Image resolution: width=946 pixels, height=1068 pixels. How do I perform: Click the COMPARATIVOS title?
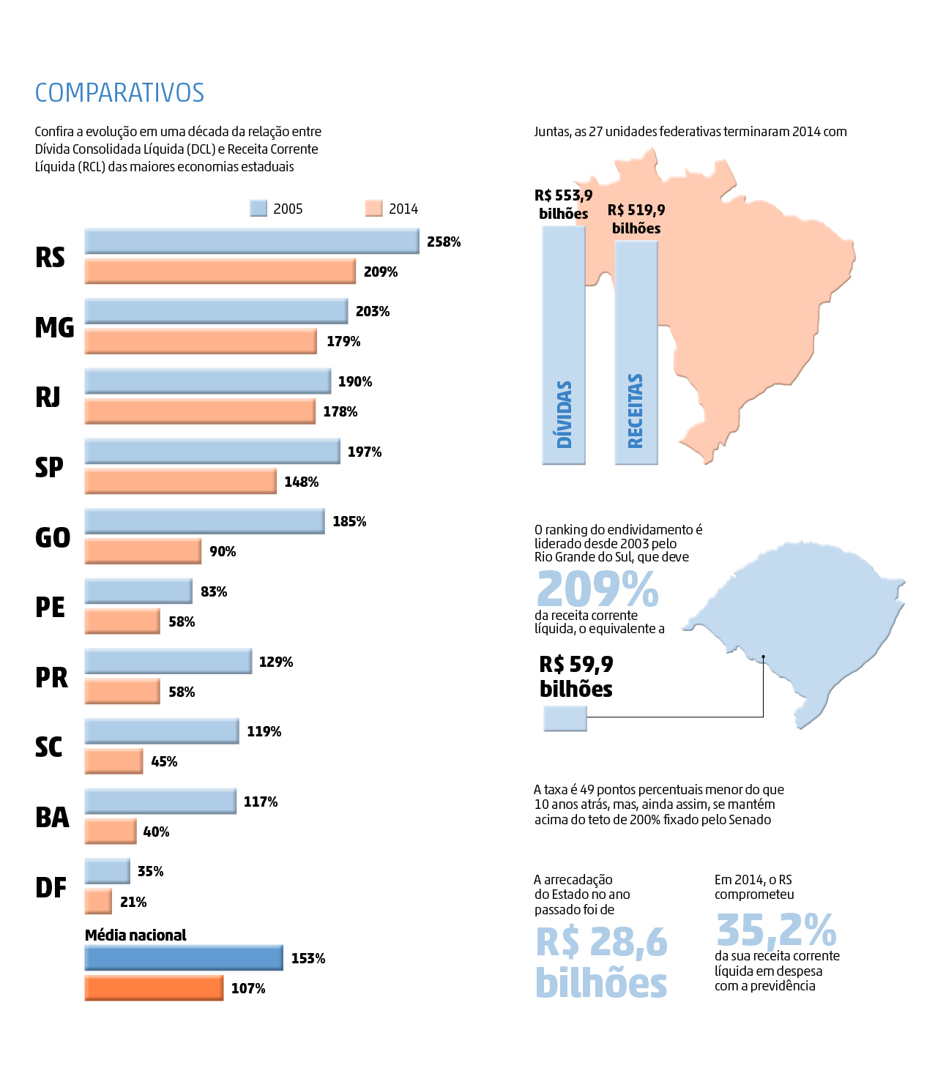[x=119, y=93]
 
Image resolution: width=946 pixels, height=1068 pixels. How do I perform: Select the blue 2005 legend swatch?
[x=258, y=209]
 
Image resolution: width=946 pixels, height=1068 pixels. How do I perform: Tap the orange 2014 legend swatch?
[x=373, y=209]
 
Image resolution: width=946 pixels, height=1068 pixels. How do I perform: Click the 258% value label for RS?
[x=444, y=242]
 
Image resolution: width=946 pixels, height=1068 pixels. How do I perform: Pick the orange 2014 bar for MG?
[x=201, y=341]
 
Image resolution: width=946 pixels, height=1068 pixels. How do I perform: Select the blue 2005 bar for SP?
[x=212, y=451]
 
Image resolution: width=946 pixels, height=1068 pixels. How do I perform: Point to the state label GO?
[x=53, y=537]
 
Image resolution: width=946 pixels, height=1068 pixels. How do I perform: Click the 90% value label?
[x=223, y=551]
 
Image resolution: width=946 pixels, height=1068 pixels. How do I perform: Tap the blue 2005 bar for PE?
[x=138, y=591]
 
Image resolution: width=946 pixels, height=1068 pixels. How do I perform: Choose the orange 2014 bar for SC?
[x=113, y=761]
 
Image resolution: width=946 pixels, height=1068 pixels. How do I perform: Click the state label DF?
[x=51, y=887]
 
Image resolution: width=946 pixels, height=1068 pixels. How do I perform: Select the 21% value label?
[x=133, y=902]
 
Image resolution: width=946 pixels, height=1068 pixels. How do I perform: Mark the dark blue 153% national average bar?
[x=184, y=957]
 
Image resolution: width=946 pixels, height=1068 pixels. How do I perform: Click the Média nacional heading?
[x=135, y=935]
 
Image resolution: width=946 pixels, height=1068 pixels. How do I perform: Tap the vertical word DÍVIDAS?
[x=564, y=414]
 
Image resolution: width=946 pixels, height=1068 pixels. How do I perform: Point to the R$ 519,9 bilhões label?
[x=636, y=219]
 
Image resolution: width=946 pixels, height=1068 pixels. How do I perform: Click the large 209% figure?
[x=597, y=589]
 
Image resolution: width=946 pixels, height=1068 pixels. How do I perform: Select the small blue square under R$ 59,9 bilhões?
[x=565, y=718]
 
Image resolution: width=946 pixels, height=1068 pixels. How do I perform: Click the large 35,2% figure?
[x=776, y=930]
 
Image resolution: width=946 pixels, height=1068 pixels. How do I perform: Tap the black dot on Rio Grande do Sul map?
[x=763, y=657]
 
